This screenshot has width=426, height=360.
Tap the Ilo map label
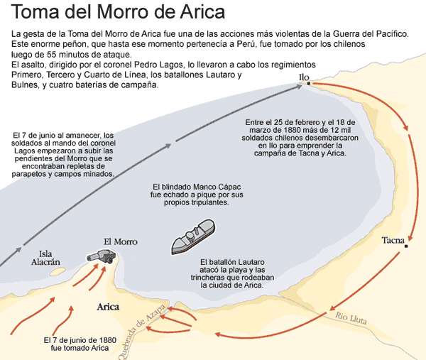pyautogui.click(x=305, y=77)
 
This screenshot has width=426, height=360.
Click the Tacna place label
pyautogui.click(x=392, y=239)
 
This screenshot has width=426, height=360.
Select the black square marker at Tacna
pyautogui.click(x=406, y=246)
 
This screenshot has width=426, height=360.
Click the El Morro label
pyautogui.click(x=120, y=241)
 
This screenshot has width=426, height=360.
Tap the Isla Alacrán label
pyautogui.click(x=45, y=257)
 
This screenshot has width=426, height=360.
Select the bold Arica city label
pyautogui.click(x=108, y=307)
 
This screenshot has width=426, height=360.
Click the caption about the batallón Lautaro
pyautogui.click(x=232, y=273)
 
